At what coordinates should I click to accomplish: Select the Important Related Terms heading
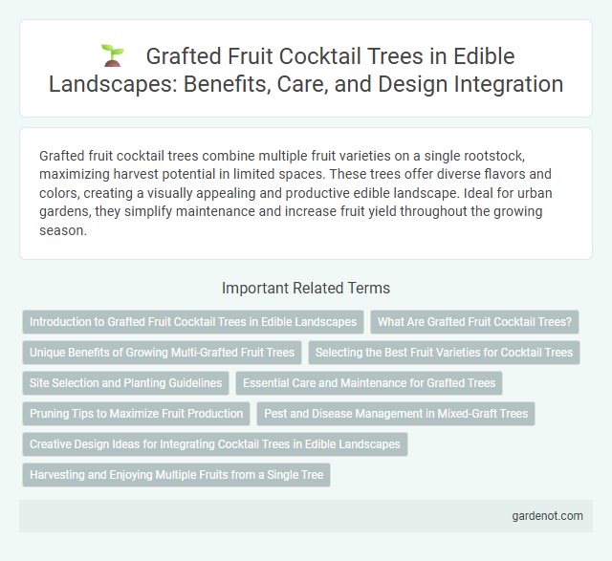point(305,288)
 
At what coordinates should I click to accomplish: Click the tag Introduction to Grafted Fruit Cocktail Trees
point(192,322)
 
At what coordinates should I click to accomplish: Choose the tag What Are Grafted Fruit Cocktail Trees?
point(474,322)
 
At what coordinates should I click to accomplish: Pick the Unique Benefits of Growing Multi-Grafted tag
point(162,353)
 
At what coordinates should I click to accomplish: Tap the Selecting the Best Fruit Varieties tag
point(444,353)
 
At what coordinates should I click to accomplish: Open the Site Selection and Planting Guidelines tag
point(125,383)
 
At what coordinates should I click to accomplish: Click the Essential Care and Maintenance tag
point(369,383)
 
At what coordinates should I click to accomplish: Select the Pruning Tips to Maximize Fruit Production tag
point(136,414)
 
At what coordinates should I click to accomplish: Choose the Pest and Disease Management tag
point(395,414)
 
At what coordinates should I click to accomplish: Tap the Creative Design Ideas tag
point(215,444)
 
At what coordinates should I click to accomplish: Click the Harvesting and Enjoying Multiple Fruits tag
point(176,475)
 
